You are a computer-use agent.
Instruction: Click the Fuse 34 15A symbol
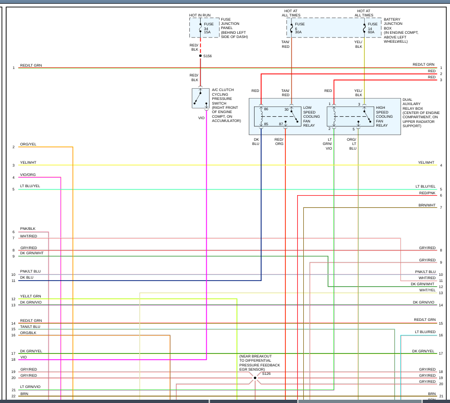[201, 28]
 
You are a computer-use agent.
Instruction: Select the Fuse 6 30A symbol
[292, 28]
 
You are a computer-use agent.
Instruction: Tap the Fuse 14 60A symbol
[364, 28]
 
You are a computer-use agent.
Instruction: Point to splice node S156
[201, 56]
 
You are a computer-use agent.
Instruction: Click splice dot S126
[255, 378]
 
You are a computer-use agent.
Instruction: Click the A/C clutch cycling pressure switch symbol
[201, 98]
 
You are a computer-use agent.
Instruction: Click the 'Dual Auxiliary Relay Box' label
[421, 113]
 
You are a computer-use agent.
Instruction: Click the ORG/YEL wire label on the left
[28, 144]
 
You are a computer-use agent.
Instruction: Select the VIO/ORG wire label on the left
[28, 175]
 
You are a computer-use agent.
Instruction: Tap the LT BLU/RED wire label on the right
[425, 332]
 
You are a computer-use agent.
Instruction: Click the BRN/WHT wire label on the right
[427, 205]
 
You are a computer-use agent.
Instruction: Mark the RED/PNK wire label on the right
[427, 193]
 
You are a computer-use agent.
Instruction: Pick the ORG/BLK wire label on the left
[28, 333]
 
